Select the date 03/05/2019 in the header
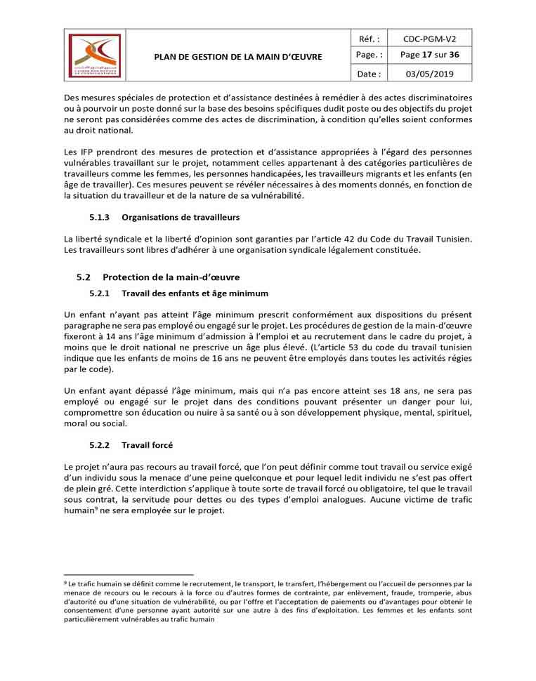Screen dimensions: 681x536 (428, 73)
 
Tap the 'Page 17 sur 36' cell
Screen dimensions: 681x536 (428, 55)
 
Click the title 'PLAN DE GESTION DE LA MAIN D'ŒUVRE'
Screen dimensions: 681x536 (238, 56)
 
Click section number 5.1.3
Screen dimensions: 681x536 (100, 217)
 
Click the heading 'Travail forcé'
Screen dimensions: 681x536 (147, 444)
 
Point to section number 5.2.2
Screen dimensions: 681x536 (100, 444)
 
